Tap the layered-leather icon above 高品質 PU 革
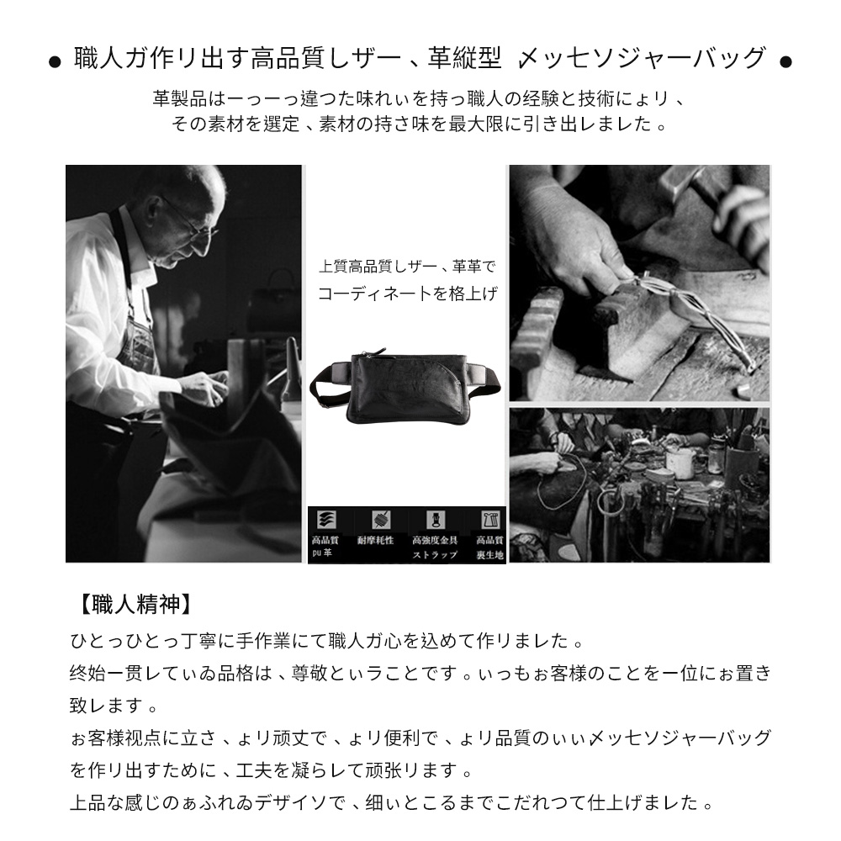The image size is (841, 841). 323,519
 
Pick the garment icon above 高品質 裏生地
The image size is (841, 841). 489,519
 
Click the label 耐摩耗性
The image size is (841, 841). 375,540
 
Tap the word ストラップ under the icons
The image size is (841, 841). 434,555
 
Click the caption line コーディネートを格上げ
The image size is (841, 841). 407,294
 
